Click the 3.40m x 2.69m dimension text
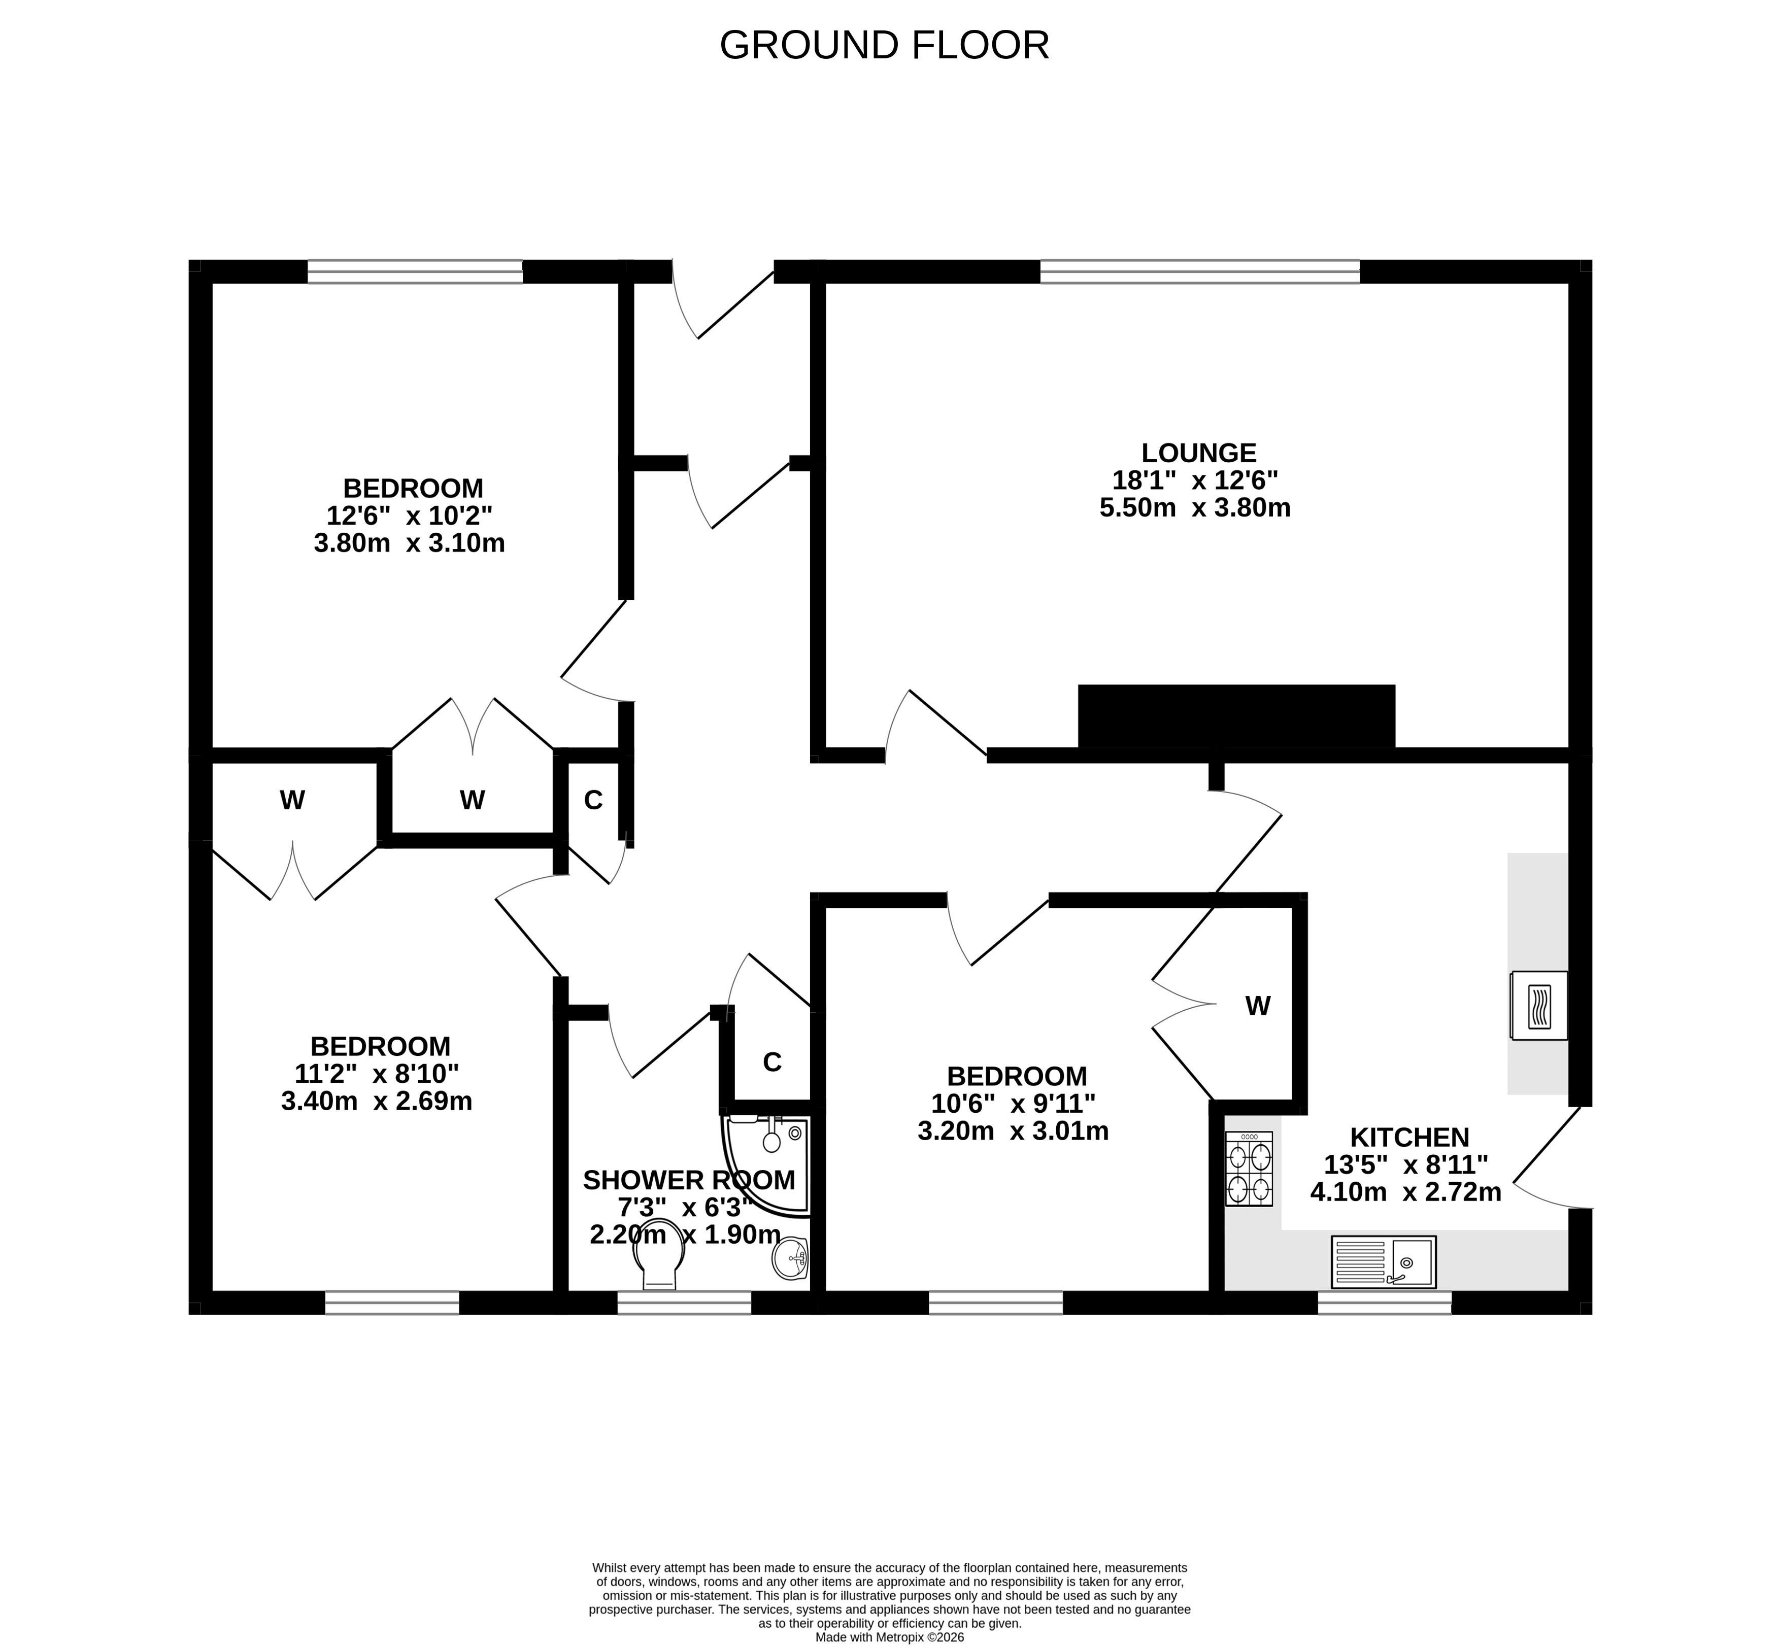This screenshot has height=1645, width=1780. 377,1101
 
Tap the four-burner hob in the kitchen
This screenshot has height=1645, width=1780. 1249,1169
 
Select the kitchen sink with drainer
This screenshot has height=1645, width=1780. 1384,1261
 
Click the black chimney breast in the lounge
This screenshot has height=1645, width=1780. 1236,716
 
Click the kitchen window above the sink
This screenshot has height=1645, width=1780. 1385,1303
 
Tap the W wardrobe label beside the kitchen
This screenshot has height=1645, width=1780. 1257,1006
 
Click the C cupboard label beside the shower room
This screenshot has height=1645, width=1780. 772,1062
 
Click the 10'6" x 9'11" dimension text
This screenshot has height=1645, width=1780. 1013,1104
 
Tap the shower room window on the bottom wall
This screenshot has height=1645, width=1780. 685,1303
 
